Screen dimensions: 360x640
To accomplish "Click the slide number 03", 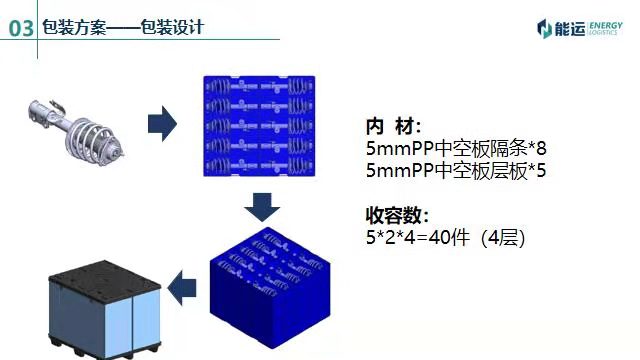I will point(22,28).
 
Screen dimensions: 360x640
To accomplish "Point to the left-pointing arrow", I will point(181,289).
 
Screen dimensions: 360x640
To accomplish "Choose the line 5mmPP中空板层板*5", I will point(456,171).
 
